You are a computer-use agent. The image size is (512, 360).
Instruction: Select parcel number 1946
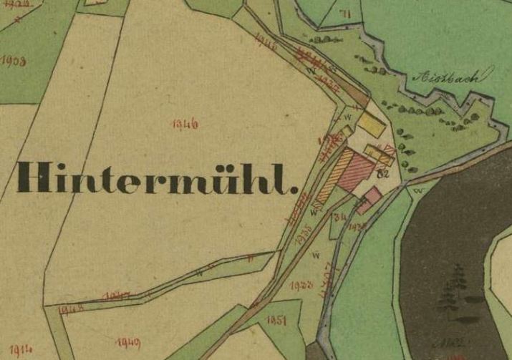pyautogui.click(x=185, y=125)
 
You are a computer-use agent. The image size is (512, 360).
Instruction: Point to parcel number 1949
pyautogui.click(x=127, y=342)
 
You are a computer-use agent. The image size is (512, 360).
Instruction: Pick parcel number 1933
pyautogui.click(x=303, y=285)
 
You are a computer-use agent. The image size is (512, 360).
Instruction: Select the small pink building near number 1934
pyautogui.click(x=372, y=195)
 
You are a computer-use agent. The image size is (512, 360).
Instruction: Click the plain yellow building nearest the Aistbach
pyautogui.click(x=372, y=122)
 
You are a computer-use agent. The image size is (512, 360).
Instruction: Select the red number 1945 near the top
pyautogui.click(x=266, y=42)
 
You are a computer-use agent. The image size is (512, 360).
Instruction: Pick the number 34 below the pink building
pyautogui.click(x=340, y=217)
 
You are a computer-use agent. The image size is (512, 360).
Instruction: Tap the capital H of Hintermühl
pyautogui.click(x=34, y=177)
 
